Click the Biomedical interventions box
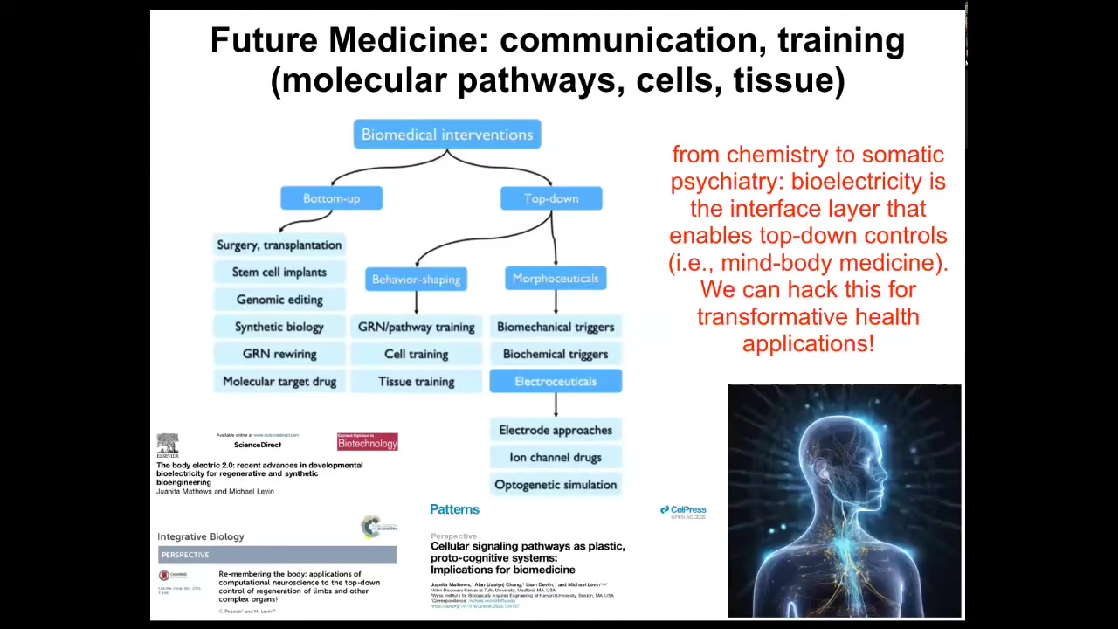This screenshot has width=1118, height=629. pyautogui.click(x=446, y=135)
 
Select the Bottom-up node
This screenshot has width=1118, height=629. pyautogui.click(x=331, y=198)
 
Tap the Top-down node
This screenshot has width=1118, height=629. pyautogui.click(x=551, y=198)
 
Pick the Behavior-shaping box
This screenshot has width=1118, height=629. pyautogui.click(x=416, y=280)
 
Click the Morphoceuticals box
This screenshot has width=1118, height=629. pyautogui.click(x=556, y=279)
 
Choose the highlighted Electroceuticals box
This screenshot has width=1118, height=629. pyautogui.click(x=556, y=381)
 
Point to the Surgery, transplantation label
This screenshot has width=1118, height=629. pyautogui.click(x=279, y=245)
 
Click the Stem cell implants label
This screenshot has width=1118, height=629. pyautogui.click(x=279, y=273)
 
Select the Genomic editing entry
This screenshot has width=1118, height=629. pyautogui.click(x=279, y=300)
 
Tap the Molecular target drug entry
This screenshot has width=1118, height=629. pyautogui.click(x=279, y=382)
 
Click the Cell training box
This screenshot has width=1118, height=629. pyautogui.click(x=416, y=354)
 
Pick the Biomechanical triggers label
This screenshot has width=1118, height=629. pyautogui.click(x=556, y=327)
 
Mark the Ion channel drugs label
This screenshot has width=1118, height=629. pyautogui.click(x=556, y=457)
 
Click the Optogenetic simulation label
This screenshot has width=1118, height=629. pyautogui.click(x=556, y=485)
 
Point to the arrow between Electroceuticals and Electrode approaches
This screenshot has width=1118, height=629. pyautogui.click(x=556, y=404)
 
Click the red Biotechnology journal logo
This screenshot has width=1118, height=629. pyautogui.click(x=367, y=442)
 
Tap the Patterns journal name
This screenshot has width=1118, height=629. pyautogui.click(x=454, y=509)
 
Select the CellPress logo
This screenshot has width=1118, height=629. pyautogui.click(x=683, y=511)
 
